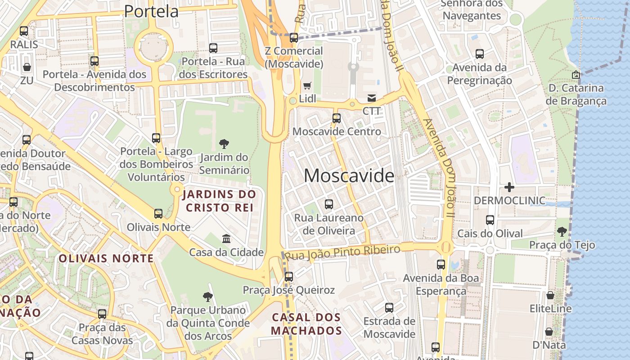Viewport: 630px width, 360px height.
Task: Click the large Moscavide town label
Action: (349, 175)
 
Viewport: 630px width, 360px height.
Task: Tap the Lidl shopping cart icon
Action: (307, 85)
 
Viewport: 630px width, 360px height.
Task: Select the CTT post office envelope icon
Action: (372, 98)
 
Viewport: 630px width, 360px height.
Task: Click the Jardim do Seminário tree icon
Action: (224, 144)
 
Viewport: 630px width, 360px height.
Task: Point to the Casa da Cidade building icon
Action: (226, 238)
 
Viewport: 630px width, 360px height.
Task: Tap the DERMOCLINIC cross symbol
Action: (509, 187)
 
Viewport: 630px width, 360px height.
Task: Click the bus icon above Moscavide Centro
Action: (336, 118)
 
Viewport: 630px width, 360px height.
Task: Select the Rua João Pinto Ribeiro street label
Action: (343, 253)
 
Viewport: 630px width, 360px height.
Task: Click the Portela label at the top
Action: (151, 11)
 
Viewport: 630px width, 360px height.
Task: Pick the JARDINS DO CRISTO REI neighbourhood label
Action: (219, 201)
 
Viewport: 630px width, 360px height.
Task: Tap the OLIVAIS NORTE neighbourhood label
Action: (106, 258)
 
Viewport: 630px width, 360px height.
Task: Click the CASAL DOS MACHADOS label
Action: (306, 324)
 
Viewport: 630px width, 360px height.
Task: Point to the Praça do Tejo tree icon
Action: (562, 232)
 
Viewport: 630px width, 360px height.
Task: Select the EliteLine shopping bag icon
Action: (550, 295)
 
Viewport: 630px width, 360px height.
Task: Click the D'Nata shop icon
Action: (549, 332)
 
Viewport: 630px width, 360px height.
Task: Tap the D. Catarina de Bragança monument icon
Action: (576, 75)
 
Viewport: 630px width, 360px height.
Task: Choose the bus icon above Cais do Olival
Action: (490, 220)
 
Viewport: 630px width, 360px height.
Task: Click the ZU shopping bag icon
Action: (27, 67)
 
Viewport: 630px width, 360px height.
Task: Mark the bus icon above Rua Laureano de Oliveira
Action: (329, 204)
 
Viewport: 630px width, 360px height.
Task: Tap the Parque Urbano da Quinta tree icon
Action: (207, 297)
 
